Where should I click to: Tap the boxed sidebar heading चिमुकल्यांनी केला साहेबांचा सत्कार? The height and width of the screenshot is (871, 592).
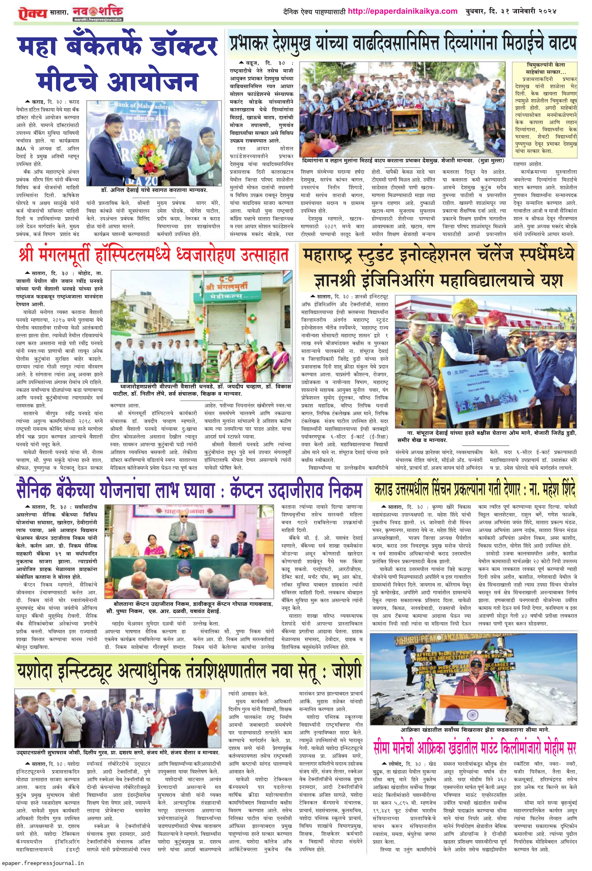(x=545, y=68)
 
